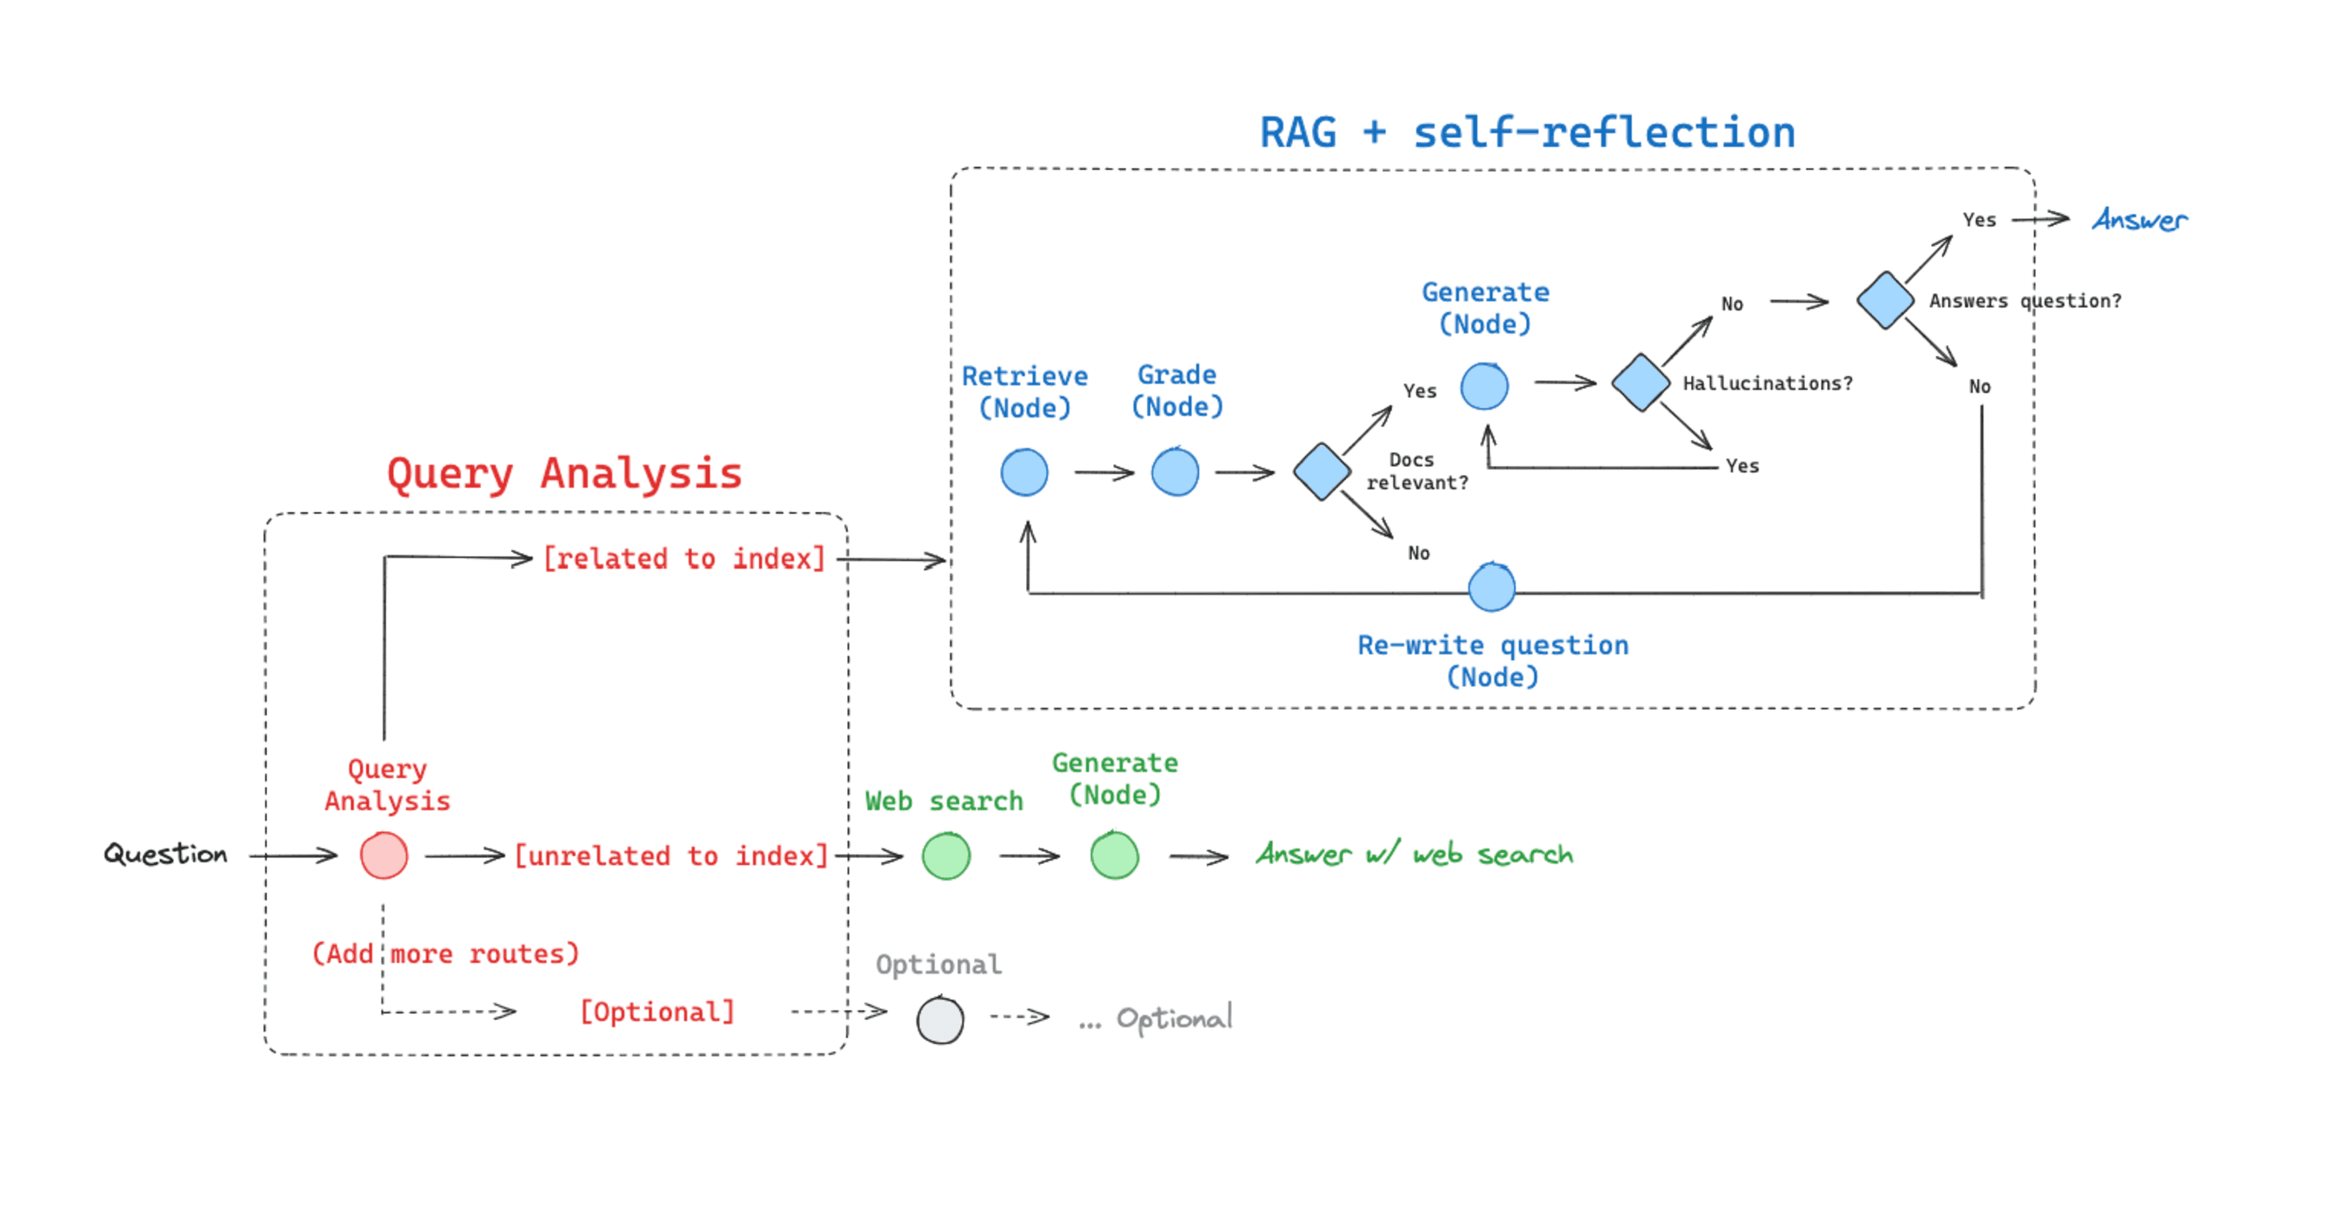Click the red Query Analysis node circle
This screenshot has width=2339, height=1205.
pyautogui.click(x=383, y=855)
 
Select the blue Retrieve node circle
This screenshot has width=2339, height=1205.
pyautogui.click(x=1024, y=472)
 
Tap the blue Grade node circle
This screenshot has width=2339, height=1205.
pyautogui.click(x=1175, y=472)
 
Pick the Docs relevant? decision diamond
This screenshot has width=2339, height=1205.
pyautogui.click(x=1321, y=471)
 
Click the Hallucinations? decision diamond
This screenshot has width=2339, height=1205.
pyautogui.click(x=1641, y=383)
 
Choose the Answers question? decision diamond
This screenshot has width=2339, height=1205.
pyautogui.click(x=1885, y=300)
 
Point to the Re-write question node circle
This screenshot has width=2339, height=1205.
pyautogui.click(x=1492, y=588)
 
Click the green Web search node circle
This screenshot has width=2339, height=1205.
pyautogui.click(x=946, y=855)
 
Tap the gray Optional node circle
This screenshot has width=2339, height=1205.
pyautogui.click(x=940, y=1020)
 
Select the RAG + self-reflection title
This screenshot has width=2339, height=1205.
pyautogui.click(x=1527, y=132)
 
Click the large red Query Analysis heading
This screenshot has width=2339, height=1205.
pyautogui.click(x=565, y=473)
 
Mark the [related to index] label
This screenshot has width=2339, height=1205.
pyautogui.click(x=683, y=558)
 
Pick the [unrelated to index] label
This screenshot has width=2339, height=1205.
pyautogui.click(x=671, y=855)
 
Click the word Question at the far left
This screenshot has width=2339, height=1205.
pyautogui.click(x=165, y=854)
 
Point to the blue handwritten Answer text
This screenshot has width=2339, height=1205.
pyautogui.click(x=2139, y=220)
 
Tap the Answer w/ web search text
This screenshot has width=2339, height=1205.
pyautogui.click(x=1414, y=854)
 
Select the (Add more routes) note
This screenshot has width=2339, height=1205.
pyautogui.click(x=445, y=954)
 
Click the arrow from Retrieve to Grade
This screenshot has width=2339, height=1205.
pyautogui.click(x=1103, y=472)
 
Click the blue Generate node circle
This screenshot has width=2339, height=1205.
pyautogui.click(x=1484, y=386)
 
